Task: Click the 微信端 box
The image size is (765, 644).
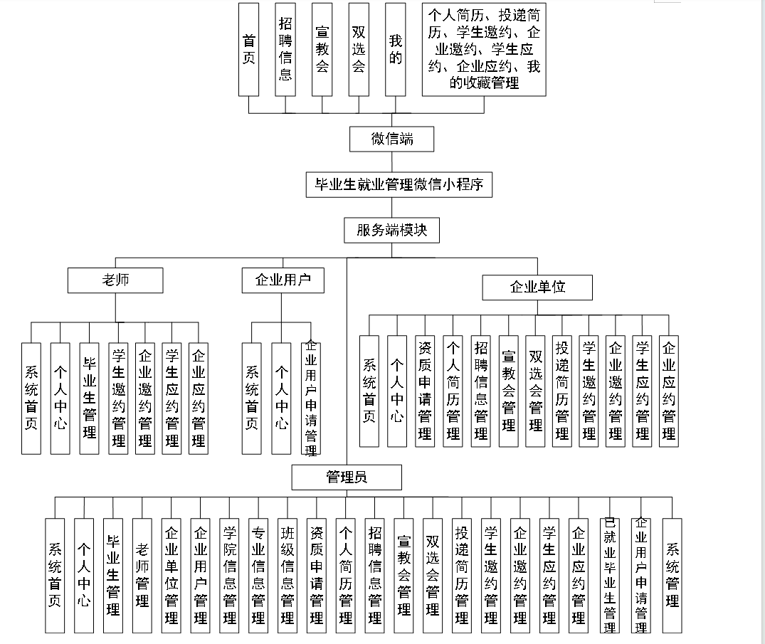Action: pos(391,139)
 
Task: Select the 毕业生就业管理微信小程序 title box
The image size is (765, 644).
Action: pos(399,185)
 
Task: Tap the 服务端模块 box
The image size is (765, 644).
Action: pos(391,231)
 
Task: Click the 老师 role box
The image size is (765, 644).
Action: pos(115,280)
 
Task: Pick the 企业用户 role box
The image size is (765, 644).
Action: pos(283,280)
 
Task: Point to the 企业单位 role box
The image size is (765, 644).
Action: pos(537,287)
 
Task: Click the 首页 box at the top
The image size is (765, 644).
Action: pos(248,49)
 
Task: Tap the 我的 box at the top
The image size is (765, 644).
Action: pos(395,49)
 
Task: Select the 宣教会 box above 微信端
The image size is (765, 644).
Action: pos(322,49)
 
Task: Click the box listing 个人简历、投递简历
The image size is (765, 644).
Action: pos(484,49)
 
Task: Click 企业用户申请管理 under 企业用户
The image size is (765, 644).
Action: pos(310,397)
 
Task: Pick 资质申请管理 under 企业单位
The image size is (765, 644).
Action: pos(425,391)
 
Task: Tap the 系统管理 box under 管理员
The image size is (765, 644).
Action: pos(672,575)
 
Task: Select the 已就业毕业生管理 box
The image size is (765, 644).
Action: pos(609,575)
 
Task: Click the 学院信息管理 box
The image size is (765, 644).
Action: pos(229,575)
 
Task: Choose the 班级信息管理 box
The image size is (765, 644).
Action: pos(287,575)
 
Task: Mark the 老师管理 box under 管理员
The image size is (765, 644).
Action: pos(142,575)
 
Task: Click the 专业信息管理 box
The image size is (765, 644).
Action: pos(258,575)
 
